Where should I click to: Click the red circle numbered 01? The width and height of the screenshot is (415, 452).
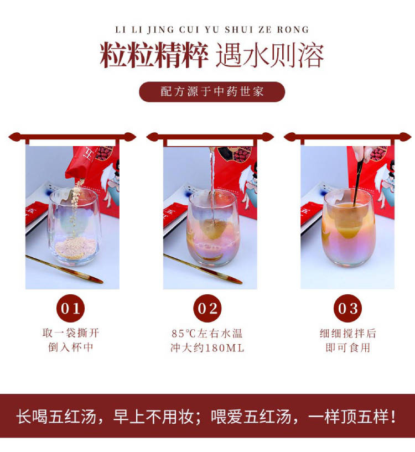click(x=70, y=309)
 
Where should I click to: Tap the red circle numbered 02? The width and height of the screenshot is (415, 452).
click(x=207, y=309)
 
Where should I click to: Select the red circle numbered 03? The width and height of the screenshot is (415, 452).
click(x=347, y=309)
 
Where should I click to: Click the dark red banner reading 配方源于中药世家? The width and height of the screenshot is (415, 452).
click(x=212, y=92)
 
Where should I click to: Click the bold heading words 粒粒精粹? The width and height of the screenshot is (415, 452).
click(x=154, y=55)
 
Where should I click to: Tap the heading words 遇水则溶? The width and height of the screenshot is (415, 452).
click(x=270, y=55)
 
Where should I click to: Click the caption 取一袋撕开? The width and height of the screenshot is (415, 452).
click(x=71, y=333)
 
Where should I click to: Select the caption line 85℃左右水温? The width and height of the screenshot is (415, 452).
click(x=207, y=334)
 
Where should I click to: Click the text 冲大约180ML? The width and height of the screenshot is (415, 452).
click(x=207, y=347)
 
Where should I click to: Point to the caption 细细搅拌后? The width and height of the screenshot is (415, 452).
click(x=348, y=333)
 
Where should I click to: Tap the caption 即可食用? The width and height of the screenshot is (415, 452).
click(x=348, y=347)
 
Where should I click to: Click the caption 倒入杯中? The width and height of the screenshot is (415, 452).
click(x=71, y=347)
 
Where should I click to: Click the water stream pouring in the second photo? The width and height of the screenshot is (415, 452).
click(x=212, y=184)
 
